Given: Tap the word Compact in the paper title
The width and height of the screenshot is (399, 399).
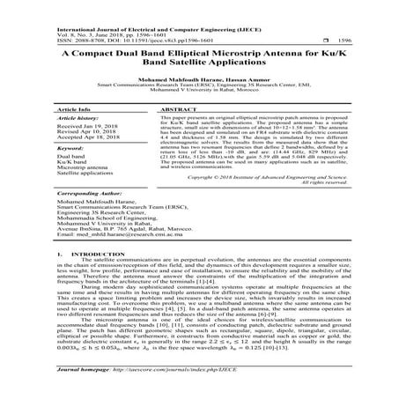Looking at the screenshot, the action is [103, 54].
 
